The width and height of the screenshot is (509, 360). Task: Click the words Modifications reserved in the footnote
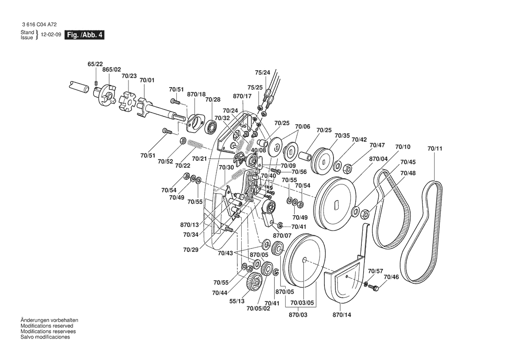(47, 326)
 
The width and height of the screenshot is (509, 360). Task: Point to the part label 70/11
(435, 149)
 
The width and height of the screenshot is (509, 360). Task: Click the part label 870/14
(341, 315)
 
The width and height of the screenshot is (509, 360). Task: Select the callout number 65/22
(95, 64)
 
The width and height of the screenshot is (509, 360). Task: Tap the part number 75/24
(263, 72)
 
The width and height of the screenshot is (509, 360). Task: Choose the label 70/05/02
(258, 309)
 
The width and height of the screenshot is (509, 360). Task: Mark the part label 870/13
(189, 225)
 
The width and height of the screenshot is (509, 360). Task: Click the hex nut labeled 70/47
(348, 167)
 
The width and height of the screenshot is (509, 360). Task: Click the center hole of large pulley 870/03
(305, 261)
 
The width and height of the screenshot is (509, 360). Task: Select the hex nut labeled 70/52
(183, 141)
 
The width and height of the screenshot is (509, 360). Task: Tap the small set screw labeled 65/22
(96, 82)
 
